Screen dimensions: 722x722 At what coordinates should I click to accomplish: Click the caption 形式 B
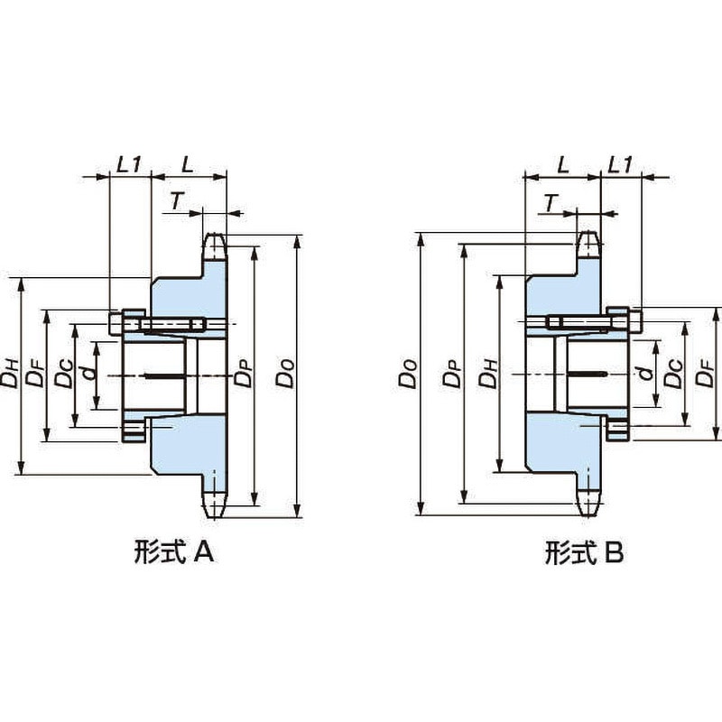tap(584, 552)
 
